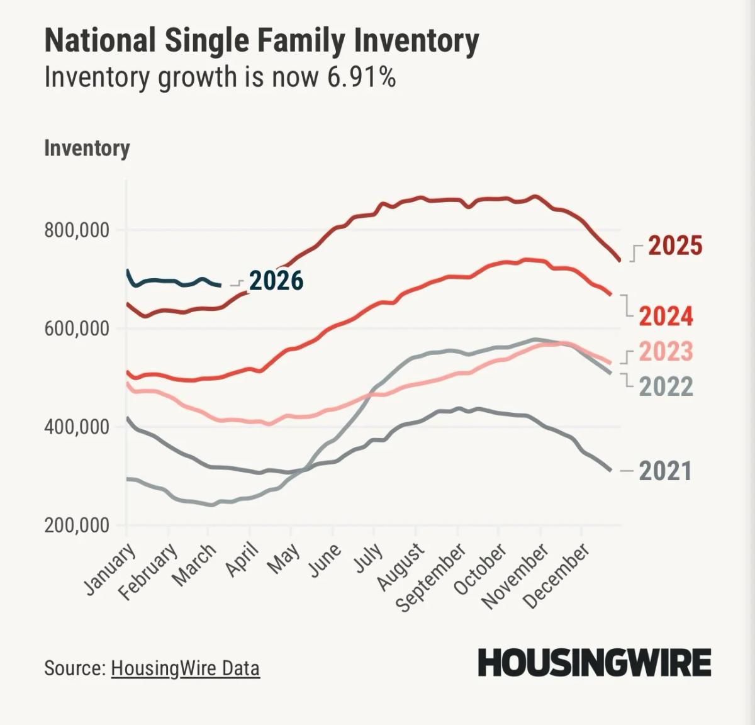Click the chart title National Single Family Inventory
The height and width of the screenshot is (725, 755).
click(x=261, y=42)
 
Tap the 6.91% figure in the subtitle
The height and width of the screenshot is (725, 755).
click(x=361, y=77)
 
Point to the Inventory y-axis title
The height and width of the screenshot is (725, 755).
click(x=87, y=149)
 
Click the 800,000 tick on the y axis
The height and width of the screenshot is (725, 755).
click(x=77, y=230)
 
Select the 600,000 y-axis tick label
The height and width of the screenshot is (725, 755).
click(x=77, y=329)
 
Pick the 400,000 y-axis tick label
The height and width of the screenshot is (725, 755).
click(x=77, y=427)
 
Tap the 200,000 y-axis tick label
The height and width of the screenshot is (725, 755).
click(x=77, y=525)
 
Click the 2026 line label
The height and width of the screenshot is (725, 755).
click(x=276, y=281)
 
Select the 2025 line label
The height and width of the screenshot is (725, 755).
click(x=674, y=245)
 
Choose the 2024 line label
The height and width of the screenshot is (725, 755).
click(x=666, y=316)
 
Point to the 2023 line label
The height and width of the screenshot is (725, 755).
click(x=666, y=351)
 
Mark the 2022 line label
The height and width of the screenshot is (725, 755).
click(x=666, y=386)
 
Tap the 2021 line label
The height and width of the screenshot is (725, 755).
click(x=665, y=471)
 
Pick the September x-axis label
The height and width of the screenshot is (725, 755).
click(x=432, y=578)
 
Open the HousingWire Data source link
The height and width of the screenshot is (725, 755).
click(x=185, y=668)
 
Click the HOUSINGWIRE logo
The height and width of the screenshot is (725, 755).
click(x=595, y=663)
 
